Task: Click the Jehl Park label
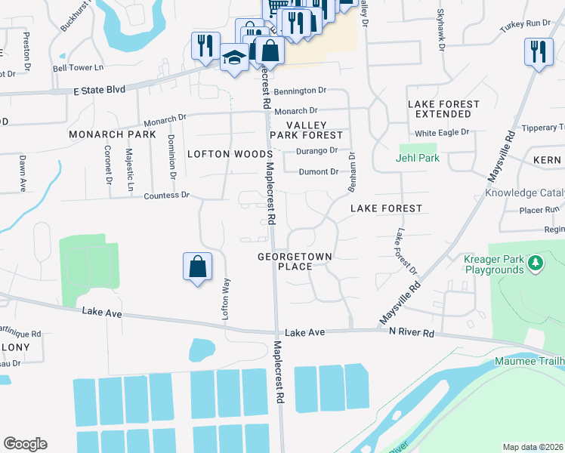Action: [x=418, y=158]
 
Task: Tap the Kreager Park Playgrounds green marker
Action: [x=536, y=263]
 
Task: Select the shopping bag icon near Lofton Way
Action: [x=197, y=267]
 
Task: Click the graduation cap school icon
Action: [x=235, y=57]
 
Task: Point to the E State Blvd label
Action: [x=99, y=89]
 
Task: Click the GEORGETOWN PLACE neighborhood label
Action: [x=295, y=261]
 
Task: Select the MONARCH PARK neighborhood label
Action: [x=112, y=134]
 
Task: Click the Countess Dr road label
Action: [x=166, y=196]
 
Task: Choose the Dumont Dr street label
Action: [x=318, y=172]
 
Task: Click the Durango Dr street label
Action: [x=316, y=150]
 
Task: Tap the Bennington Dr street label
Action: [x=300, y=91]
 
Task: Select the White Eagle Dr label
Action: [x=442, y=132]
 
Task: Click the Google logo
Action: [x=25, y=444]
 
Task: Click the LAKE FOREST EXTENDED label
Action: [x=443, y=109]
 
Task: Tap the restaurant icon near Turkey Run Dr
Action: [x=537, y=51]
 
